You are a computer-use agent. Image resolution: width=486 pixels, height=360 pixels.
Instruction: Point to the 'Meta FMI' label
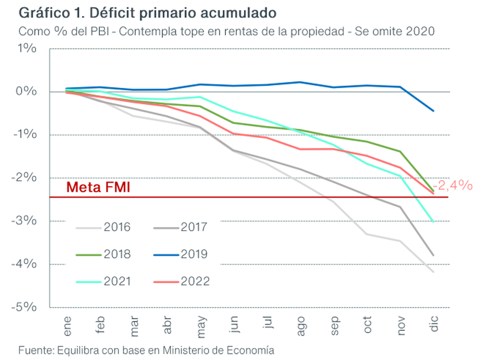point(98,187)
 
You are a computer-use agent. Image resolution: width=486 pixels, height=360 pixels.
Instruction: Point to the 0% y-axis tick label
point(27,92)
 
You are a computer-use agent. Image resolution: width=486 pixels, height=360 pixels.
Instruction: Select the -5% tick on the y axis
point(25,307)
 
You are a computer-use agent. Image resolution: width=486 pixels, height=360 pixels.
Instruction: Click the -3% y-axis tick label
point(25,221)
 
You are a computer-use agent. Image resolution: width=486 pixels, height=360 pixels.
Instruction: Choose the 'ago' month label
point(301,326)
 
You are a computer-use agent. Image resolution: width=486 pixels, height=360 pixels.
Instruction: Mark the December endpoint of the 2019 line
point(434,111)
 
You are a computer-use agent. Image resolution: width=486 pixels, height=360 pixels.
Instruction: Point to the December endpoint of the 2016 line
point(434,272)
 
